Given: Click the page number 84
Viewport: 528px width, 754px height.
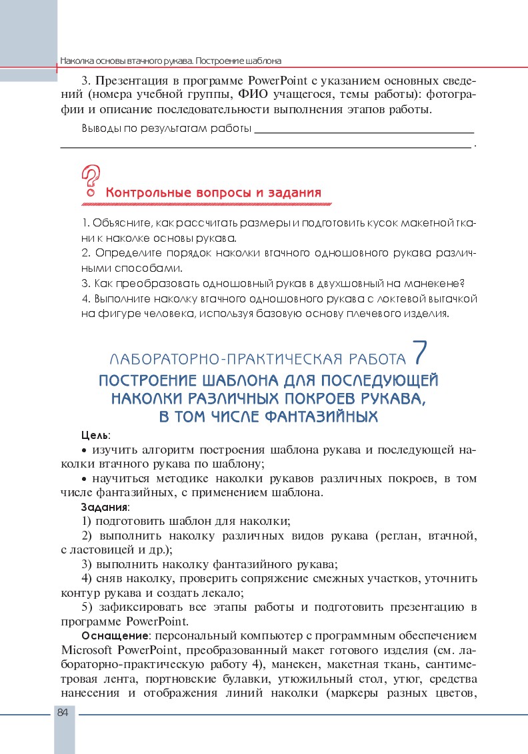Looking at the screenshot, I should (x=63, y=713).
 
